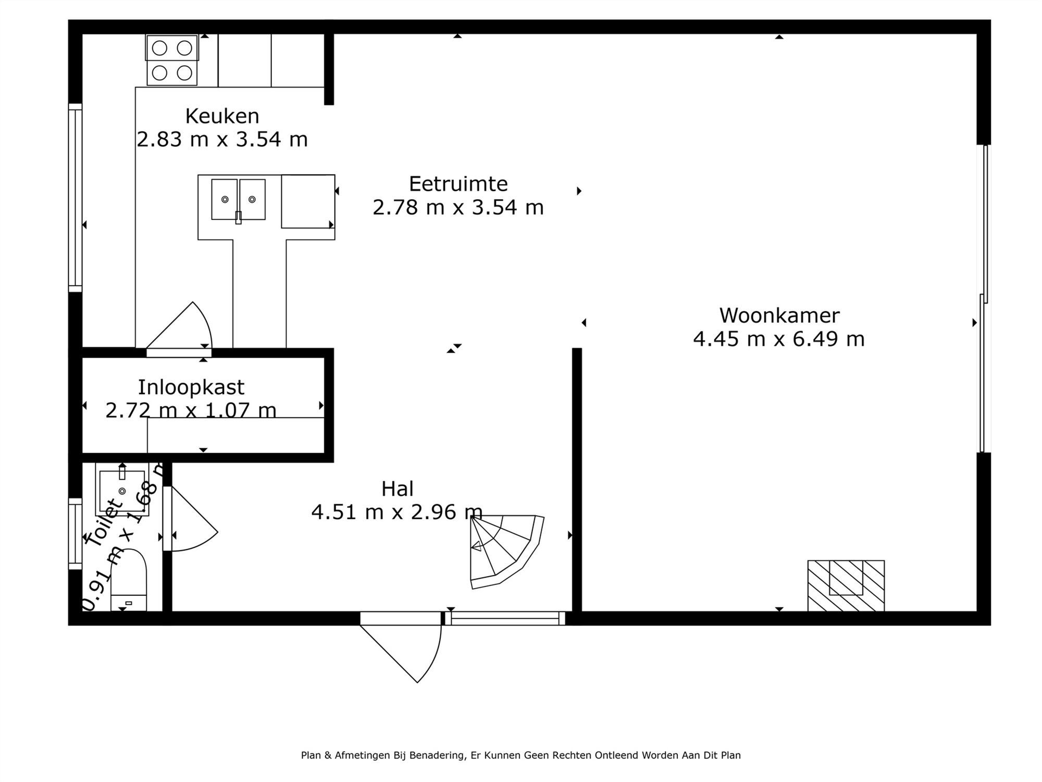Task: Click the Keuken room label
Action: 222,116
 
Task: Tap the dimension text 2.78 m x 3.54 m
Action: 458,207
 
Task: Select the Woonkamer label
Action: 779,315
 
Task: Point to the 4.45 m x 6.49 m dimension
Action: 778,339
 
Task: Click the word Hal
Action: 397,489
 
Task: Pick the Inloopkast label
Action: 191,387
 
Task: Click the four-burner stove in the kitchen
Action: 172,60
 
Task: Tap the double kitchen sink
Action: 238,200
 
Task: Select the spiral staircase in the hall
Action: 503,550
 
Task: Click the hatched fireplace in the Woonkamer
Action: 846,585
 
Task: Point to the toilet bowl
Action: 129,579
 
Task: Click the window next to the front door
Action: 504,618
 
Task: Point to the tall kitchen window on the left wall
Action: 76,198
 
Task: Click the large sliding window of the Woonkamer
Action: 984,297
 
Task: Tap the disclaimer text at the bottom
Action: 520,755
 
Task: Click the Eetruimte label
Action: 458,184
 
